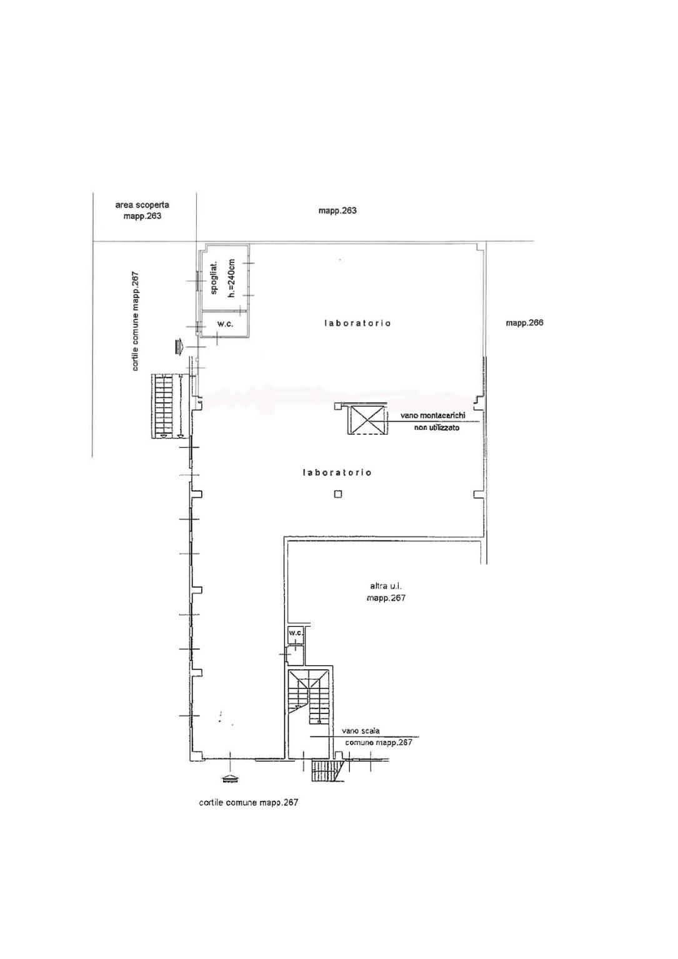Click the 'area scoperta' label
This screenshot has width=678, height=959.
[x=142, y=205]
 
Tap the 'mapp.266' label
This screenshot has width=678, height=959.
[x=524, y=323]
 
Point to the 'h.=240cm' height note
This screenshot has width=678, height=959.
[x=232, y=278]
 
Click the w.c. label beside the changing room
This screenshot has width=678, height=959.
[x=225, y=324]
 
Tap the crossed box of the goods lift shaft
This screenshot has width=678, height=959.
[x=366, y=420]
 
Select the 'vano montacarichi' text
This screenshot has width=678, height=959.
[x=432, y=415]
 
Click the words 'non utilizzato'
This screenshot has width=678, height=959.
[x=436, y=427]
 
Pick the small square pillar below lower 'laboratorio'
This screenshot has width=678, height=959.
[x=338, y=494]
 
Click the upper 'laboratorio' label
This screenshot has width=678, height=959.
[x=357, y=323]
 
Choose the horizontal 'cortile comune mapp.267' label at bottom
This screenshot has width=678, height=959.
[x=249, y=803]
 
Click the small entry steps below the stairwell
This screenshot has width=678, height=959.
[x=326, y=771]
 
